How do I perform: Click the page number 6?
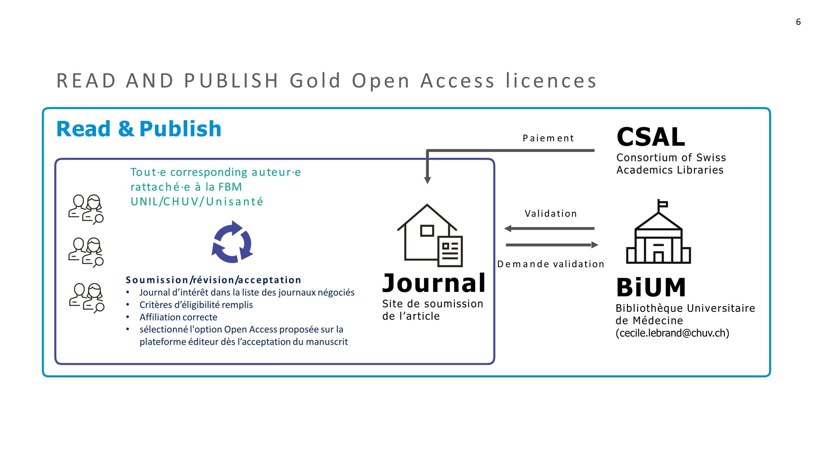click(x=798, y=22)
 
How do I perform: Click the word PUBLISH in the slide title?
click(x=231, y=80)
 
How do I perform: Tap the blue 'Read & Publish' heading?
click(x=139, y=129)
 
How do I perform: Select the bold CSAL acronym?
click(x=651, y=137)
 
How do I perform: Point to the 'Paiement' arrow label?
click(x=548, y=138)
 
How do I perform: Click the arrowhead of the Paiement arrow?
click(x=427, y=180)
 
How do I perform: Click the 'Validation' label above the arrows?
click(x=551, y=213)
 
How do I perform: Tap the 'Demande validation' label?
click(x=551, y=264)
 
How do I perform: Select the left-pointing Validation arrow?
click(x=549, y=228)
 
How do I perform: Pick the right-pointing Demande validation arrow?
click(x=552, y=245)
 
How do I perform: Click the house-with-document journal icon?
click(x=430, y=235)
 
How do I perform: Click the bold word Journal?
click(x=434, y=283)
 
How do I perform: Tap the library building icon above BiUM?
click(x=658, y=231)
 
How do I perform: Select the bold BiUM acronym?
click(x=651, y=288)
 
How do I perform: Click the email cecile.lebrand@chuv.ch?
click(x=672, y=333)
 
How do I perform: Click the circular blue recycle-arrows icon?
click(x=232, y=242)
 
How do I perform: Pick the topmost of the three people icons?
click(x=86, y=209)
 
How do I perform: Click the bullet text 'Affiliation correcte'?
click(x=178, y=317)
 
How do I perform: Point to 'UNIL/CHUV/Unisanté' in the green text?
click(x=197, y=202)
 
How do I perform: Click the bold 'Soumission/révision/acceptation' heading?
click(x=213, y=280)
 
